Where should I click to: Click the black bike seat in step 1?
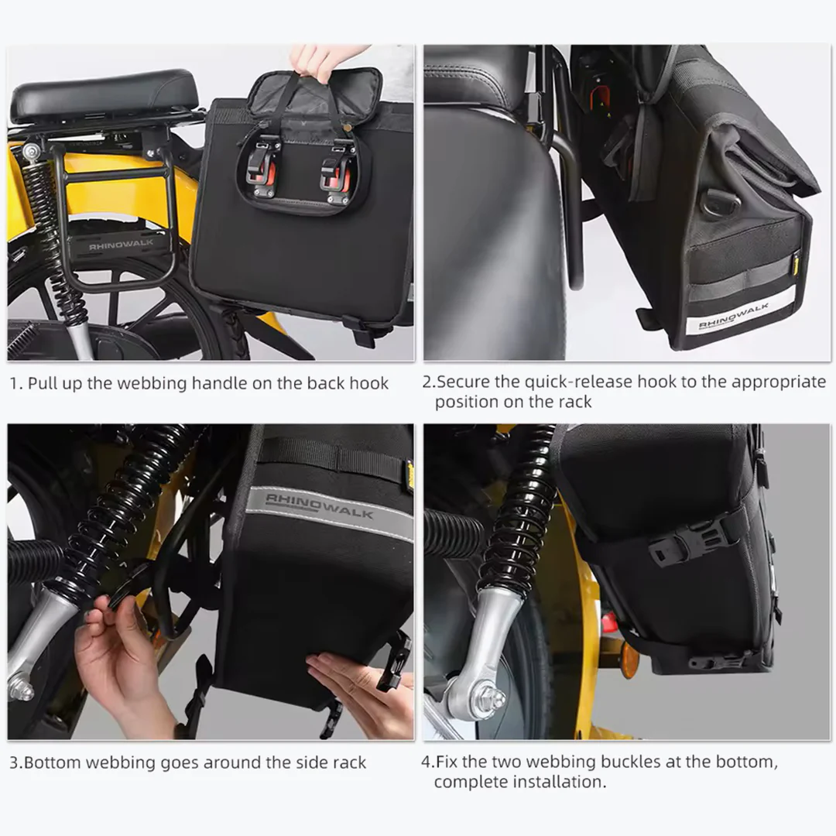[x=104, y=96]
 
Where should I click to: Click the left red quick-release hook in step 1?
[x=265, y=167]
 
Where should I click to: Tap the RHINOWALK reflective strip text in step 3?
[x=319, y=505]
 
